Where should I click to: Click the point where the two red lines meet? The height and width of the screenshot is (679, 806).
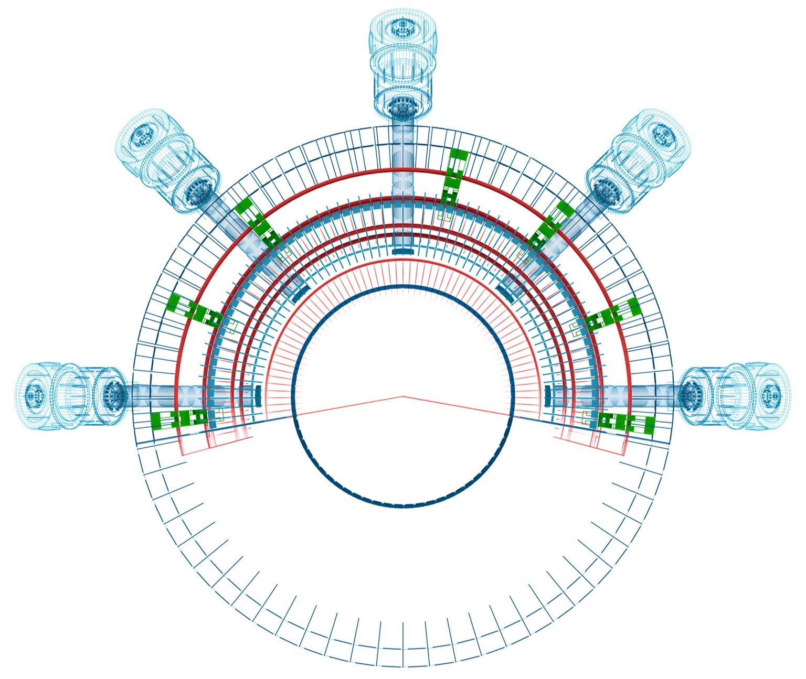(402, 396)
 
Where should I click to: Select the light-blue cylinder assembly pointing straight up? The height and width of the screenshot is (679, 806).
(402, 63)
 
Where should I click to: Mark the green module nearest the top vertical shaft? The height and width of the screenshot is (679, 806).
(454, 176)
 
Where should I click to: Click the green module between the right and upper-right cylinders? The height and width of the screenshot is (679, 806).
(611, 313)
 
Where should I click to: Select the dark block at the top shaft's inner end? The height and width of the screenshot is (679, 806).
(403, 252)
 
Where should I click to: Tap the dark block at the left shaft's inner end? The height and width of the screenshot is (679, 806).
(258, 395)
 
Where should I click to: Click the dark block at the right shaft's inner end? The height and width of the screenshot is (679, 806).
(547, 395)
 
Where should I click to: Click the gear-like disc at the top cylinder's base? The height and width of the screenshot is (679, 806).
(402, 107)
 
